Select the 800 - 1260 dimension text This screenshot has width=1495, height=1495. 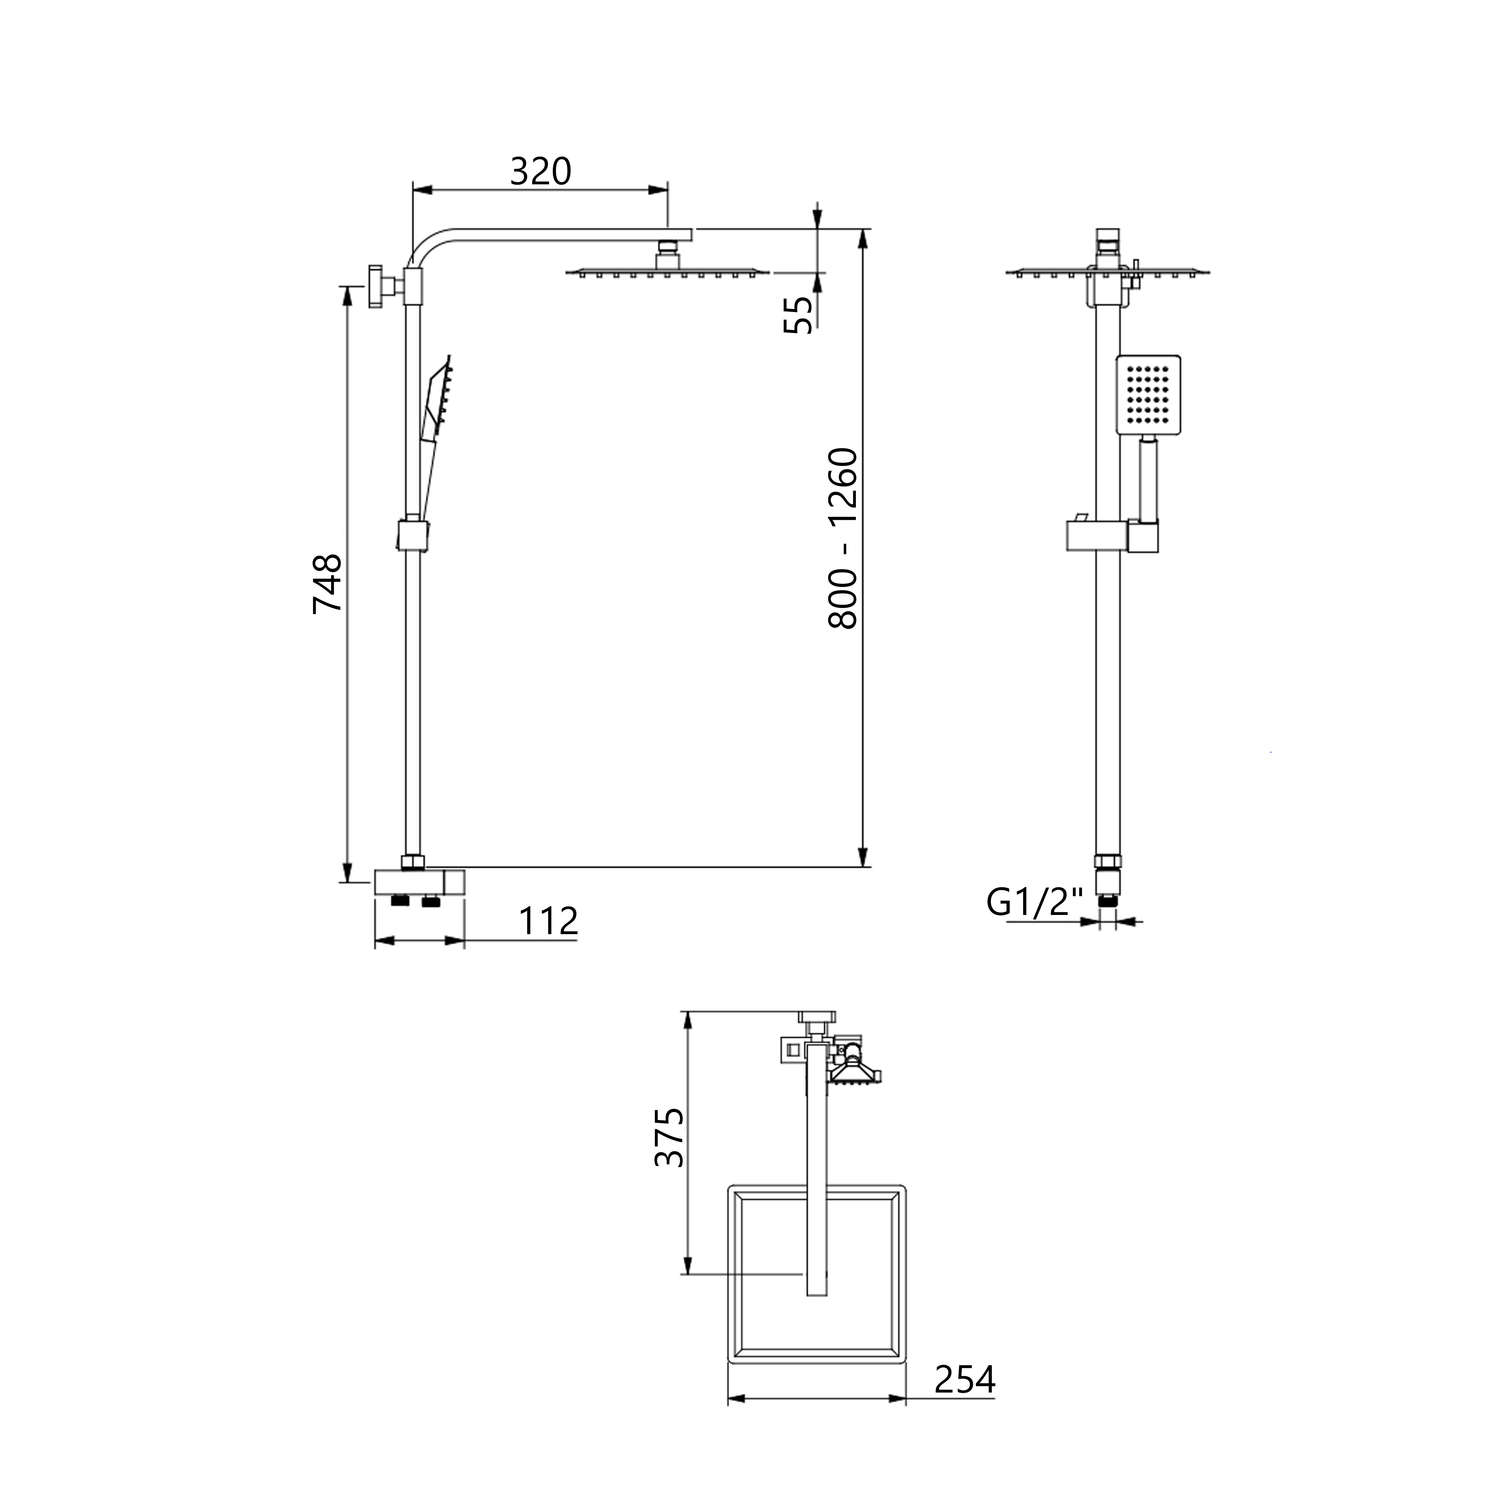pos(843,538)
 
